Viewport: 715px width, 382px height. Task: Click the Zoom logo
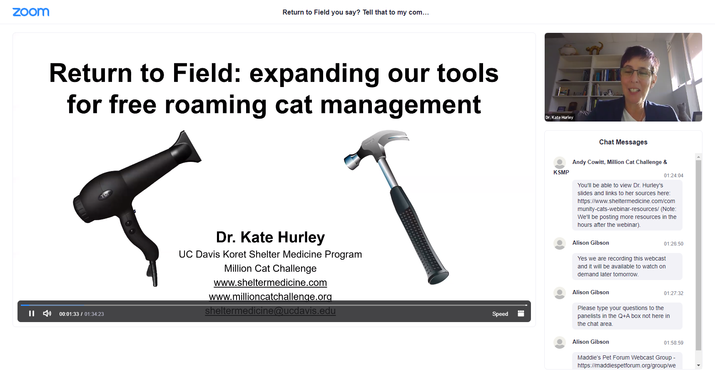coord(31,12)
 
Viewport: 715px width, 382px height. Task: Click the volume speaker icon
coord(47,313)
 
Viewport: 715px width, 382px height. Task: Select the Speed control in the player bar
coord(500,314)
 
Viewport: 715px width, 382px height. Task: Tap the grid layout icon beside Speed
coord(521,313)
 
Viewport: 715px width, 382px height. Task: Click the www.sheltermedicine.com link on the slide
coord(270,283)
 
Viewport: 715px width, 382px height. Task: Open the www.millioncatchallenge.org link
coord(270,296)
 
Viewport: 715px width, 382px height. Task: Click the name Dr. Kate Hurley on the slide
coord(270,237)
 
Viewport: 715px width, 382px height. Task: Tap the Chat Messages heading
coord(623,142)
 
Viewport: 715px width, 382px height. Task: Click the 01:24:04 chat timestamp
coord(673,176)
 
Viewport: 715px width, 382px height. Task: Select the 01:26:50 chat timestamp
coord(673,244)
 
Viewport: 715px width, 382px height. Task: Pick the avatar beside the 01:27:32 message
coord(560,293)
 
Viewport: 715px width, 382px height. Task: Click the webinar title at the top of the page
coord(356,12)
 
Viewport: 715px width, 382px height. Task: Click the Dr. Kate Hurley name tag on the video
coord(559,117)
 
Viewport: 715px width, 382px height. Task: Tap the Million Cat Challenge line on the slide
coord(270,268)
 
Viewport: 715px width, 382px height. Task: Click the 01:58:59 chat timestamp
coord(673,343)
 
